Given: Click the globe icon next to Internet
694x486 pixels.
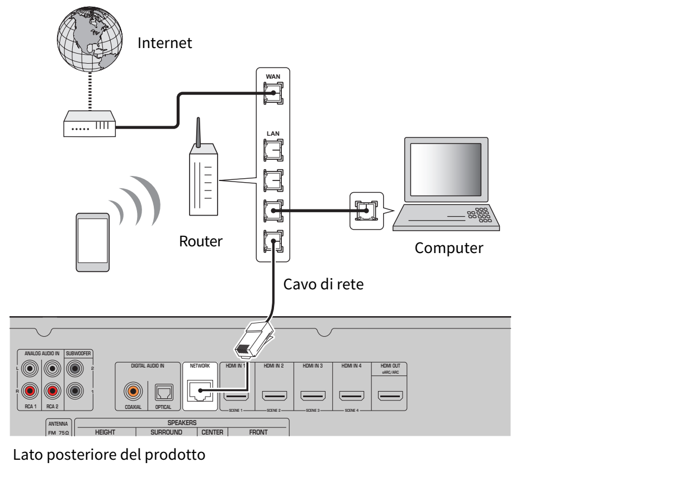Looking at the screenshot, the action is (90, 39).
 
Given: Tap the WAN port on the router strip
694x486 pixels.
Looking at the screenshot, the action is (273, 93).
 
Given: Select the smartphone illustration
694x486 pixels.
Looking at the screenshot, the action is (93, 242).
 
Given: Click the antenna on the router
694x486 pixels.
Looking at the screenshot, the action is (199, 132).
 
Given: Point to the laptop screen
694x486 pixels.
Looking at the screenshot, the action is (446, 170).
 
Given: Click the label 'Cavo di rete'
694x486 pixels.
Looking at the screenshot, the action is (323, 284).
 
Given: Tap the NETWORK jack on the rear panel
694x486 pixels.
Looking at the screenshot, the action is (200, 390).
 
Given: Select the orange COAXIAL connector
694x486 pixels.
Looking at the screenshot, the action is (133, 391).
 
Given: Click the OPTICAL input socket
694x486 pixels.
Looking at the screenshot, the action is (164, 393).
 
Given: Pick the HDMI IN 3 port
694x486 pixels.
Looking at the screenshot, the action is (313, 396).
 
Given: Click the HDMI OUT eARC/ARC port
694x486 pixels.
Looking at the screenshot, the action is (390, 396).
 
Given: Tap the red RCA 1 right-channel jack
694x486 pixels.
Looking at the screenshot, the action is (30, 391).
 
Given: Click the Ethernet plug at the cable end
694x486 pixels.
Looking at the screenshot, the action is (254, 340).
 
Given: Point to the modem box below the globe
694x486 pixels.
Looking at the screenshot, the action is (89, 124).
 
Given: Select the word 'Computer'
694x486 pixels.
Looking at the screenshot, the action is (449, 248).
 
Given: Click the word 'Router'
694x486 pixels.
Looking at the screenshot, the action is (201, 241).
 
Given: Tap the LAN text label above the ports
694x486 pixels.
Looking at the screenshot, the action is (273, 134).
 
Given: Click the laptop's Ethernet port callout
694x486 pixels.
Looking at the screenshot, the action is (366, 211).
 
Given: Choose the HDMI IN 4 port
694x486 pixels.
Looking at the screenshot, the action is (352, 396).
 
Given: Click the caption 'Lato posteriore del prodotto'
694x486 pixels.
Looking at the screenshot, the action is (109, 455).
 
